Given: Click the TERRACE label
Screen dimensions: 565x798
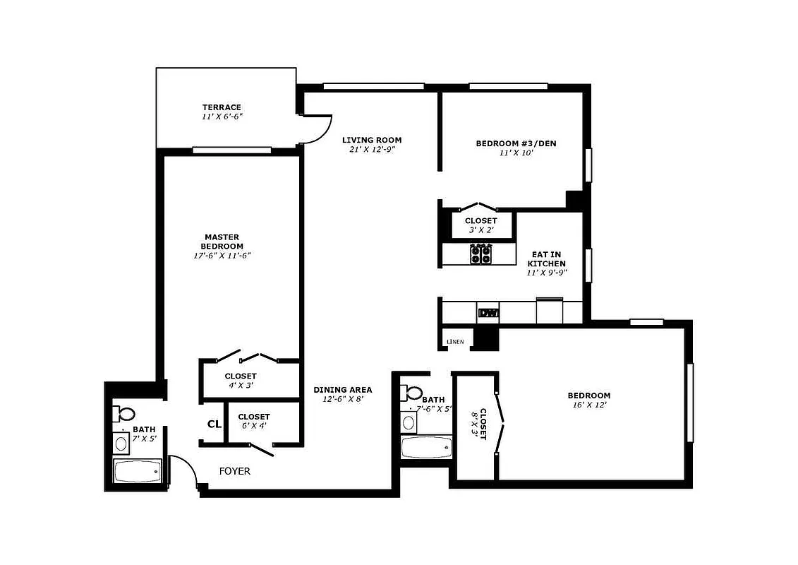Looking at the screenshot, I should point(222,107).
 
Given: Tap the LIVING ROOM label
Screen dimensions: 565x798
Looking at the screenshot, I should point(371,140).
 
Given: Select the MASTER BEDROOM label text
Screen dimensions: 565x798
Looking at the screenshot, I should point(222,242).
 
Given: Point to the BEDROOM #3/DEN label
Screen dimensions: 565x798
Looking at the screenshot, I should point(516,143).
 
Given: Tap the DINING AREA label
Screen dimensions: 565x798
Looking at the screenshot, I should point(342,390).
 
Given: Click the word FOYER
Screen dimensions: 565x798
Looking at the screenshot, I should point(234,471).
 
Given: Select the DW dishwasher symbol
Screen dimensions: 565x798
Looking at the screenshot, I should point(488,313).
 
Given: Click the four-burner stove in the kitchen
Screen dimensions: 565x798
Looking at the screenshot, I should point(481,254).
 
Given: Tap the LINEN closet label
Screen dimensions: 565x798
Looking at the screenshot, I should point(455,342).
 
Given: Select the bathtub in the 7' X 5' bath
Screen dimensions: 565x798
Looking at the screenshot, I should point(138,471).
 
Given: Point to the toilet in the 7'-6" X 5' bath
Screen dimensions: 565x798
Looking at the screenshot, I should point(413,393).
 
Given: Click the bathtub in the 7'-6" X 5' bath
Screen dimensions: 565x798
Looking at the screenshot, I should point(426,446).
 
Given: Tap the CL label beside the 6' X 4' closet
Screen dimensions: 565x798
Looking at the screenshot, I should point(214,424).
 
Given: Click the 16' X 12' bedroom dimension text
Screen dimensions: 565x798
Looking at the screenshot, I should point(589,405).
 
